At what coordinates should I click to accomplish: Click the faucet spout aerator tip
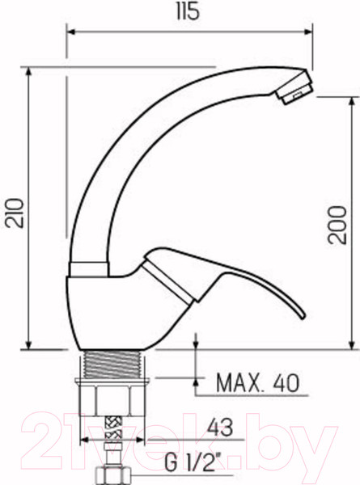click(x=295, y=86)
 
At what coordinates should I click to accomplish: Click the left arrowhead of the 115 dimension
click(x=70, y=32)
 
